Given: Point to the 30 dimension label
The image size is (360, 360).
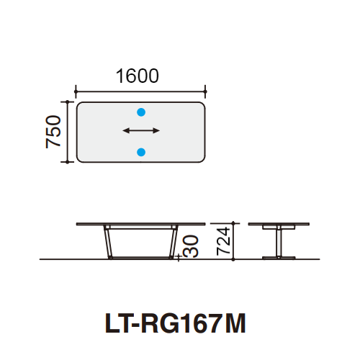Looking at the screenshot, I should (x=191, y=248).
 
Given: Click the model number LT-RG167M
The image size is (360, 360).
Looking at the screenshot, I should (x=176, y=323).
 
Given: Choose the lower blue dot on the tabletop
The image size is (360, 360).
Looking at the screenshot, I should (x=141, y=151).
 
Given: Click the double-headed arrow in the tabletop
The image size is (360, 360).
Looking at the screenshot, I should (x=141, y=131).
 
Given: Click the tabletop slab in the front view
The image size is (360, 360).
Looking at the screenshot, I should (x=140, y=224).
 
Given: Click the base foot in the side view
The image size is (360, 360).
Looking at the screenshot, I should (x=276, y=256).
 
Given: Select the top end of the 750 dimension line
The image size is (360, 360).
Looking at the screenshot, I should (x=67, y=102).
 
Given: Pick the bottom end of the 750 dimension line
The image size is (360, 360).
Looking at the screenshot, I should (x=67, y=162).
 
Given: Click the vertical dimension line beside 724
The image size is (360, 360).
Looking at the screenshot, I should (x=233, y=241).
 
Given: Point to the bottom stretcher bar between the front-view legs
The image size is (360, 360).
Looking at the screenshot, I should (x=140, y=256).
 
